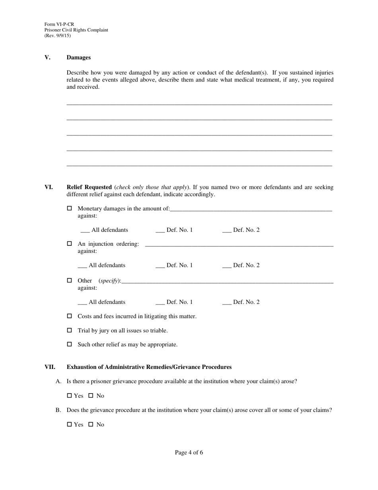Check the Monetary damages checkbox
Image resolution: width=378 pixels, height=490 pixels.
click(x=69, y=208)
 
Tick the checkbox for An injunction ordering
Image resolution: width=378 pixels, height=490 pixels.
click(x=69, y=243)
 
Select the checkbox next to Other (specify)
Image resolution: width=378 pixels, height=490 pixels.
click(x=69, y=280)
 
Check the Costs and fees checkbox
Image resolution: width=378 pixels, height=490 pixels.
click(x=69, y=316)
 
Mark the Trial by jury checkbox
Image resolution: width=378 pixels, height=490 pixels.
click(x=69, y=330)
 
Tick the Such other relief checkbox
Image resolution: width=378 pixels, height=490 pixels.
click(x=69, y=344)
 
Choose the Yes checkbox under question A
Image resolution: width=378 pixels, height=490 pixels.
click(x=69, y=396)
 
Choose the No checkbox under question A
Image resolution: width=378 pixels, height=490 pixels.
click(x=91, y=396)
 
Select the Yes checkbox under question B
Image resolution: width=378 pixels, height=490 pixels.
click(x=69, y=424)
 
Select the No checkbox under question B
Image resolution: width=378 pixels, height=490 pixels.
click(x=91, y=424)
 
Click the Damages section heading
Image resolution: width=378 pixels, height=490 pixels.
click(x=78, y=57)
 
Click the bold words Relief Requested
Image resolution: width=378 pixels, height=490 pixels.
click(x=89, y=187)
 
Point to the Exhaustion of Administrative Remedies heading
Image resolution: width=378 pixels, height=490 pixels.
click(x=149, y=367)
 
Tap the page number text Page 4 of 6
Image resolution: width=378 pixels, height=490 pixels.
click(x=189, y=452)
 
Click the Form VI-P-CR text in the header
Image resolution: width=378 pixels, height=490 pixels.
click(x=59, y=24)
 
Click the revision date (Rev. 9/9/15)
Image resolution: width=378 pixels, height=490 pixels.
click(x=58, y=35)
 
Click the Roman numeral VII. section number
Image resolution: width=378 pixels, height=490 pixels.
click(x=50, y=367)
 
